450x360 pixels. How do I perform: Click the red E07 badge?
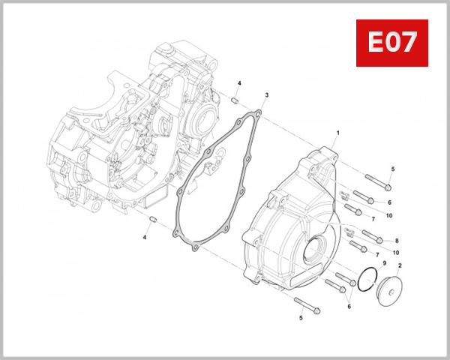pos(391,43)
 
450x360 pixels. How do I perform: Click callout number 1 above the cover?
pos(337,133)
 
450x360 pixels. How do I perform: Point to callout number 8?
pos(397,241)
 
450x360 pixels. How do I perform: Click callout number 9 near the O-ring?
pos(383,264)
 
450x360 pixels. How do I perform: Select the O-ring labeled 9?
pos(367,278)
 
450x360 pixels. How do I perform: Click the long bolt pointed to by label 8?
pos(373,235)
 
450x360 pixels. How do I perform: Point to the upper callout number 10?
pos(389,216)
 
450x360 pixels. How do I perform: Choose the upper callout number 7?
pos(373,219)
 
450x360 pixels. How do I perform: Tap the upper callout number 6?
pos(389,202)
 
